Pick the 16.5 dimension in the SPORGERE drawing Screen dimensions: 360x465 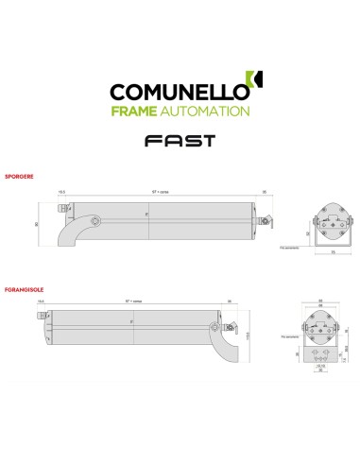61,191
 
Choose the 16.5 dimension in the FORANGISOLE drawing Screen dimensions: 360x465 42,301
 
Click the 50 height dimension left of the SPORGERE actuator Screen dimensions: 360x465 36,224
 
